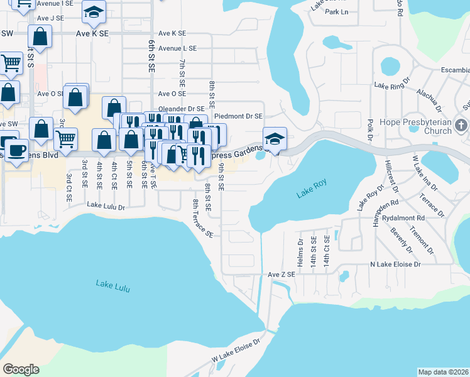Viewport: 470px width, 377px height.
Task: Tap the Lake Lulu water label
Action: coord(114,285)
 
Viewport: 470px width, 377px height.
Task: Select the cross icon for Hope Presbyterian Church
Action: coord(462,124)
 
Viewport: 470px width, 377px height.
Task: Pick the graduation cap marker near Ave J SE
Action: coord(94,11)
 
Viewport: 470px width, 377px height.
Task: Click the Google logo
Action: coord(21,369)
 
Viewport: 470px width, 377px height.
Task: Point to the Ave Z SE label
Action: coord(281,275)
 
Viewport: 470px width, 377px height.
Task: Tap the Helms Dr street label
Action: coord(300,250)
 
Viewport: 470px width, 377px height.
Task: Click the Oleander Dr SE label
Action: coord(182,109)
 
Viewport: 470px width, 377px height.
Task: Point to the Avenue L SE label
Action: coord(178,48)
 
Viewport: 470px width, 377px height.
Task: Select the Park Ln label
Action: coord(337,12)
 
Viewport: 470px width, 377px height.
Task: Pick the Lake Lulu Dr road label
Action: coord(106,205)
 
